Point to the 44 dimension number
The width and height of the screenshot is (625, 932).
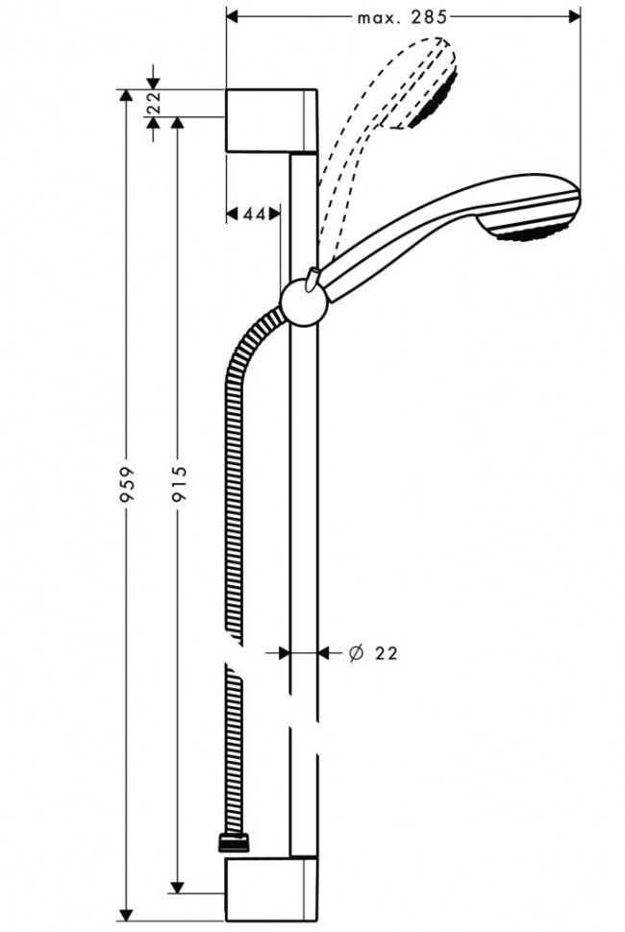point(253,214)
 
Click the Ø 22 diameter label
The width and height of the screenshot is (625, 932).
point(372,652)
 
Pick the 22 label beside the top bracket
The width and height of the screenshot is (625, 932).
point(154,104)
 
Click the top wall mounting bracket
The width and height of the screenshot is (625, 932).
point(271,119)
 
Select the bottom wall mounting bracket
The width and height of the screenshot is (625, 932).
point(271,892)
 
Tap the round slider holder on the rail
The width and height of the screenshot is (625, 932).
point(304,307)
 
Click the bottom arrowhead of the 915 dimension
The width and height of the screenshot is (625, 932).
point(177,886)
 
